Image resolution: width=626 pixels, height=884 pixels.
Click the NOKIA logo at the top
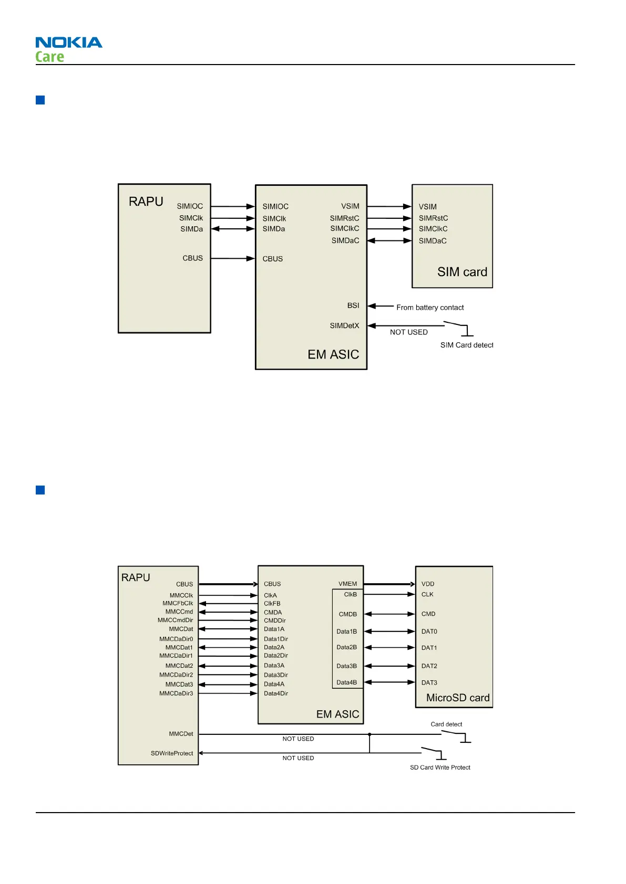coord(69,43)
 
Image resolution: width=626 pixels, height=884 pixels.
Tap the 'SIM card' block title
coord(462,272)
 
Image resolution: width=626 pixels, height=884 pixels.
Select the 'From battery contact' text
coord(430,308)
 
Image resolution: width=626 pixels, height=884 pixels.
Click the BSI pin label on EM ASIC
coord(353,306)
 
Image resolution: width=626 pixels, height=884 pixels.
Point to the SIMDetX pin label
coord(344,326)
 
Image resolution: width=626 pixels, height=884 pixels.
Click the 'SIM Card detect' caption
coord(467,345)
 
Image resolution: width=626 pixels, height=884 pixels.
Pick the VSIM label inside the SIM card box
coord(428,207)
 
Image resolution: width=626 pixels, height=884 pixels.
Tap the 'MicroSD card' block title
coord(458,698)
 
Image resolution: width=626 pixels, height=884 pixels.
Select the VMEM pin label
coord(347,584)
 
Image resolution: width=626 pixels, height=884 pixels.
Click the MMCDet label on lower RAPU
coord(181,734)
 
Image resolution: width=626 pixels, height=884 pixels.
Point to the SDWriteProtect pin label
coord(172,753)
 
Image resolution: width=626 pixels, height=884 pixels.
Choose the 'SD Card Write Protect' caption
coord(440,767)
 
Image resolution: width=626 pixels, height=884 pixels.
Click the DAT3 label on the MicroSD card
coord(429,683)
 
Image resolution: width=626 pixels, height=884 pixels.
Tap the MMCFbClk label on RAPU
coord(178,604)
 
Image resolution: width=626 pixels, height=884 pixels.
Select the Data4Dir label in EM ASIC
coord(276,693)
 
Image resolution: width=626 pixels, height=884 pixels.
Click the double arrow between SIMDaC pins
coord(389,241)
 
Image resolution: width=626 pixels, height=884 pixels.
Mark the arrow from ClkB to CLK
coord(389,594)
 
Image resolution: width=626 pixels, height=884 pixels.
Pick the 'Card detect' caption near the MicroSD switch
coord(446,724)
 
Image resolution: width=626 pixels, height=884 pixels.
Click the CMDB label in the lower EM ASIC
coord(347,614)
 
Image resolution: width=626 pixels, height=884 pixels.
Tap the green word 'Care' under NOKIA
coord(49,57)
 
